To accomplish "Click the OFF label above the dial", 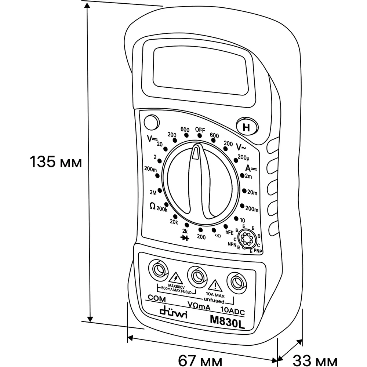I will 200,130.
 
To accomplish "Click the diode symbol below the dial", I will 186,237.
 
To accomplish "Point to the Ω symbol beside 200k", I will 152,206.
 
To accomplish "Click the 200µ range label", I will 244,158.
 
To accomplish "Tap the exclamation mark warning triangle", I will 214,284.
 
